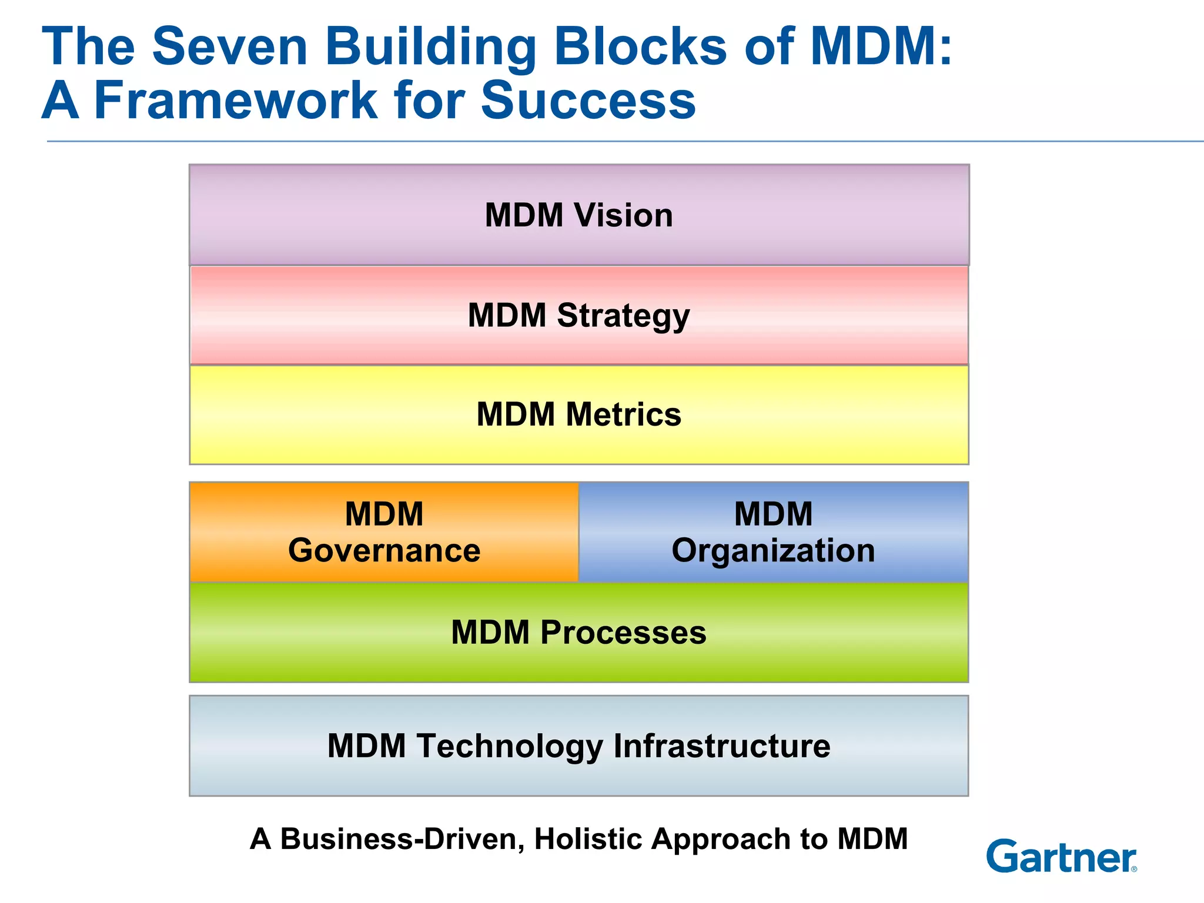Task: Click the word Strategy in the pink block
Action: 623,316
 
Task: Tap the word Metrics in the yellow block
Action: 623,414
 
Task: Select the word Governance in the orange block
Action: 384,551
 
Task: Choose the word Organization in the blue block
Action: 773,551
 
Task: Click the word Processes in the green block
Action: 623,633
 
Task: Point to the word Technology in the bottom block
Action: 510,746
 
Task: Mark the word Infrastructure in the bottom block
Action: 722,746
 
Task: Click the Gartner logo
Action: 1061,857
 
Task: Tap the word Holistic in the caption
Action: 587,839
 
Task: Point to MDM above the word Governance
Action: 384,514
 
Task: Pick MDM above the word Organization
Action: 773,514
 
